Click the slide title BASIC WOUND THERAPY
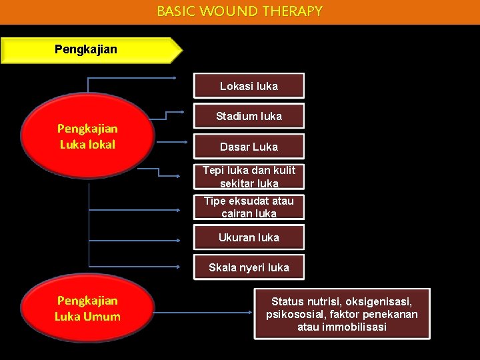click(x=239, y=11)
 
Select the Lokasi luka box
click(x=249, y=86)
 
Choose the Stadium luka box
click(x=249, y=116)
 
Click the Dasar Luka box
click(x=249, y=147)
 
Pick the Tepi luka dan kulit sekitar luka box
click(x=249, y=177)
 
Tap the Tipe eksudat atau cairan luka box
click(x=249, y=207)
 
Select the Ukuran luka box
click(x=249, y=237)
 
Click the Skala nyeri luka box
click(x=249, y=267)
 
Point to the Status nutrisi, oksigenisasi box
click(x=342, y=314)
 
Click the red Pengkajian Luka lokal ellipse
click(x=88, y=136)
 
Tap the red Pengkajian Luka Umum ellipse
click(x=88, y=309)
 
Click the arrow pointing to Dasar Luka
click(x=171, y=142)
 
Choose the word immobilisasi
click(x=353, y=327)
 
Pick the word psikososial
click(x=296, y=314)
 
